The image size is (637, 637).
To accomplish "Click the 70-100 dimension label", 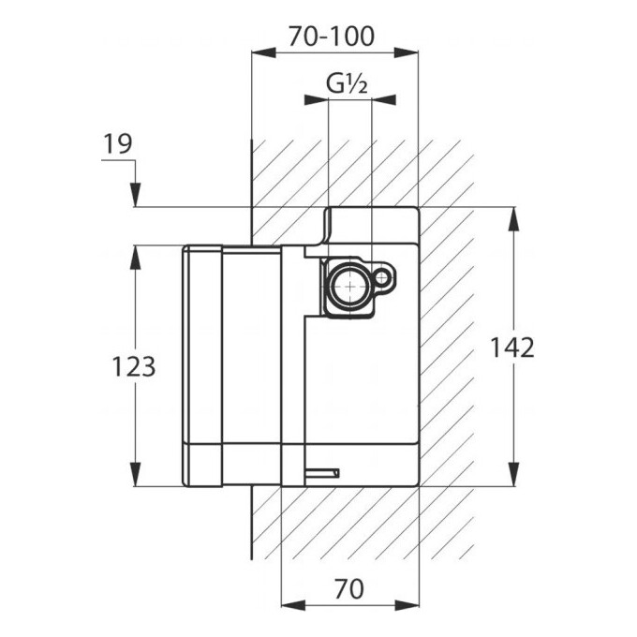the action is click(x=331, y=37).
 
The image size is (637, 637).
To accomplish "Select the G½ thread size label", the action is click(x=347, y=84).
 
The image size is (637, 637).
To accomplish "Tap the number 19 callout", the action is click(x=118, y=144).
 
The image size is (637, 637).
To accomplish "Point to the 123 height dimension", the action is click(x=134, y=366).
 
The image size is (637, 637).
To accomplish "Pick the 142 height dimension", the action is click(x=512, y=348).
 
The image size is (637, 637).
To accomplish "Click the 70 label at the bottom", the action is click(x=349, y=588).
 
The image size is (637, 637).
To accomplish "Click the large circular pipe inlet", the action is click(x=349, y=286).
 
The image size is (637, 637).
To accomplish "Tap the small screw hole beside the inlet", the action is click(x=382, y=278).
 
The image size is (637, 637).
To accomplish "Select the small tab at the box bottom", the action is click(x=322, y=473).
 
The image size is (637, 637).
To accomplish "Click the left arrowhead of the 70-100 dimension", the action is click(x=263, y=52).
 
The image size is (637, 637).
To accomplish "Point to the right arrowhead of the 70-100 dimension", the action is click(x=407, y=52).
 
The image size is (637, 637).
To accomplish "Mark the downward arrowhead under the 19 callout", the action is click(x=136, y=195).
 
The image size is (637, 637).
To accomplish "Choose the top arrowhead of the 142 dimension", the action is click(x=514, y=219).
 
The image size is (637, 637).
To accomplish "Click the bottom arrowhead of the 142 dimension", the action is click(x=514, y=474).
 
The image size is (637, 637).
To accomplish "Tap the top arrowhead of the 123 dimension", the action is click(x=135, y=258).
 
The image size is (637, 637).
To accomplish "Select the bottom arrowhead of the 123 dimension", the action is click(x=135, y=474).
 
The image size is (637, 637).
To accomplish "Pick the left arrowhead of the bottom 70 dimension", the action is click(x=293, y=605).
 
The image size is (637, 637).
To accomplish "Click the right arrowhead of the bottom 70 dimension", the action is click(x=407, y=605).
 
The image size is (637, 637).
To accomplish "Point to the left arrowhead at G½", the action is click(x=316, y=100).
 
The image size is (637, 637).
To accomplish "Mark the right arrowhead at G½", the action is click(x=384, y=100).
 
